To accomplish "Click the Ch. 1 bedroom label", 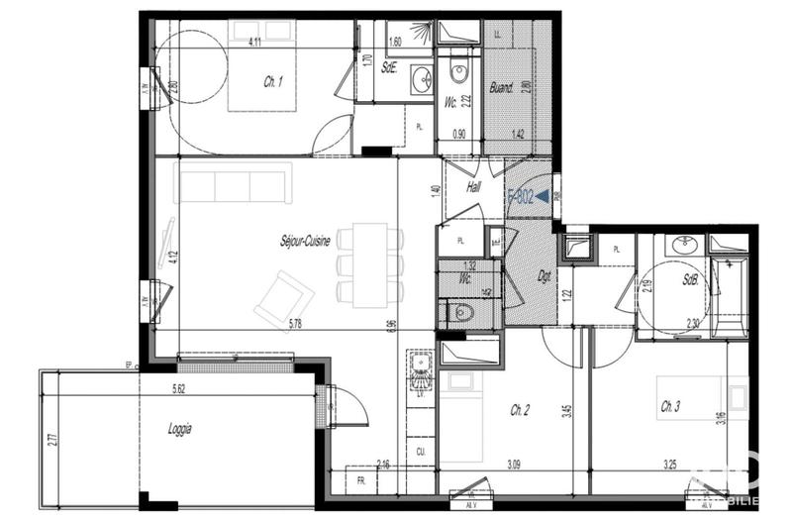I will [x=274, y=83].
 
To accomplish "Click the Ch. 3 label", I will [x=671, y=406].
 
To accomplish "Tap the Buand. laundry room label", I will [x=503, y=88].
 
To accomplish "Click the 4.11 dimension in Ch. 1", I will [x=254, y=41].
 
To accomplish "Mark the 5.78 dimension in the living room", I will [x=296, y=323].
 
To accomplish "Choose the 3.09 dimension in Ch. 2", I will [x=513, y=464].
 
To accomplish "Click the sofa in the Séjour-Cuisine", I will [x=233, y=183].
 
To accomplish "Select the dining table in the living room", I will [x=371, y=264].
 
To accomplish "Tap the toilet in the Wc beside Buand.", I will [x=458, y=71].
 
